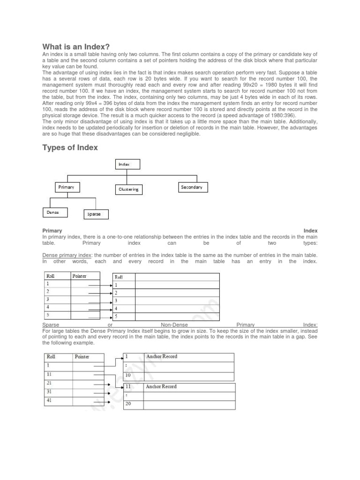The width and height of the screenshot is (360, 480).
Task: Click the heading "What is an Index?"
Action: pos(76,46)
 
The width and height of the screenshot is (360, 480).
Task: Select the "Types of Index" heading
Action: pos(70,148)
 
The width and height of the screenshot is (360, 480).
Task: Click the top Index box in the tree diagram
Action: pos(127,165)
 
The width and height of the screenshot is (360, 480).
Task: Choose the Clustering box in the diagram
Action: pos(128,189)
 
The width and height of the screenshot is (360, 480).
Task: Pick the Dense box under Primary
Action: pos(54,212)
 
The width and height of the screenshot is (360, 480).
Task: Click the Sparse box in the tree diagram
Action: pos(96,214)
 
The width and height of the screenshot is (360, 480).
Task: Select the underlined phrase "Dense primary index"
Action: pos(67,255)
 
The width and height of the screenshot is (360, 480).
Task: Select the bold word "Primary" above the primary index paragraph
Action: pos(52,231)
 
